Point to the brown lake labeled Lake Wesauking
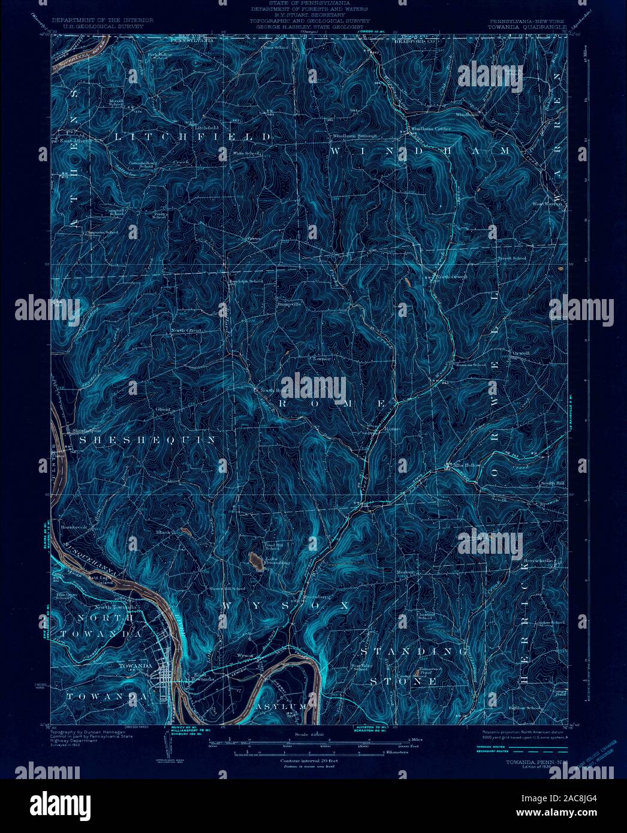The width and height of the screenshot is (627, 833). (x=255, y=562)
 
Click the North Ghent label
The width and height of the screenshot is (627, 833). (x=186, y=330)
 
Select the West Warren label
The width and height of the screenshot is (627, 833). (x=547, y=204)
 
